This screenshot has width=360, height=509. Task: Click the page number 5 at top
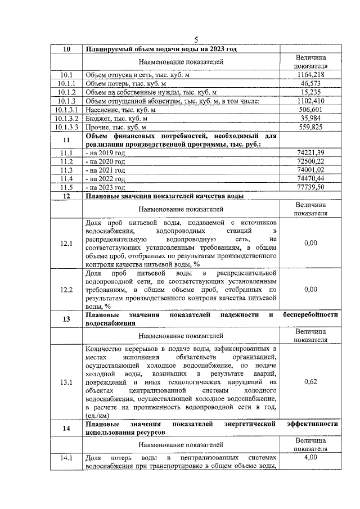[196, 39]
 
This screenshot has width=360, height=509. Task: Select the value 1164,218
[310, 74]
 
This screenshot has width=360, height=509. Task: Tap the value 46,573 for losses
[310, 83]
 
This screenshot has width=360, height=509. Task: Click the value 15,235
[310, 92]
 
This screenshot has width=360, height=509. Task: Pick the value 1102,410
[310, 101]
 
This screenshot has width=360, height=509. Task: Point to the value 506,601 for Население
[310, 110]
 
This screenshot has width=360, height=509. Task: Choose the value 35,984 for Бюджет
[310, 119]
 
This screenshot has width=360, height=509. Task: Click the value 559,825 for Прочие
[310, 127]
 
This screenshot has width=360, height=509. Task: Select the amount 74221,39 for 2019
[310, 152]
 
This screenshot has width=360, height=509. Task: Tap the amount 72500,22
[310, 161]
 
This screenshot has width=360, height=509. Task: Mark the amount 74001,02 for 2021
[310, 170]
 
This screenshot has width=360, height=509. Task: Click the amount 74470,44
[310, 178]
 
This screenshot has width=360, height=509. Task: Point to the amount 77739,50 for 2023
[310, 187]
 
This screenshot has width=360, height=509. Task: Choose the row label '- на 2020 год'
[105, 161]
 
